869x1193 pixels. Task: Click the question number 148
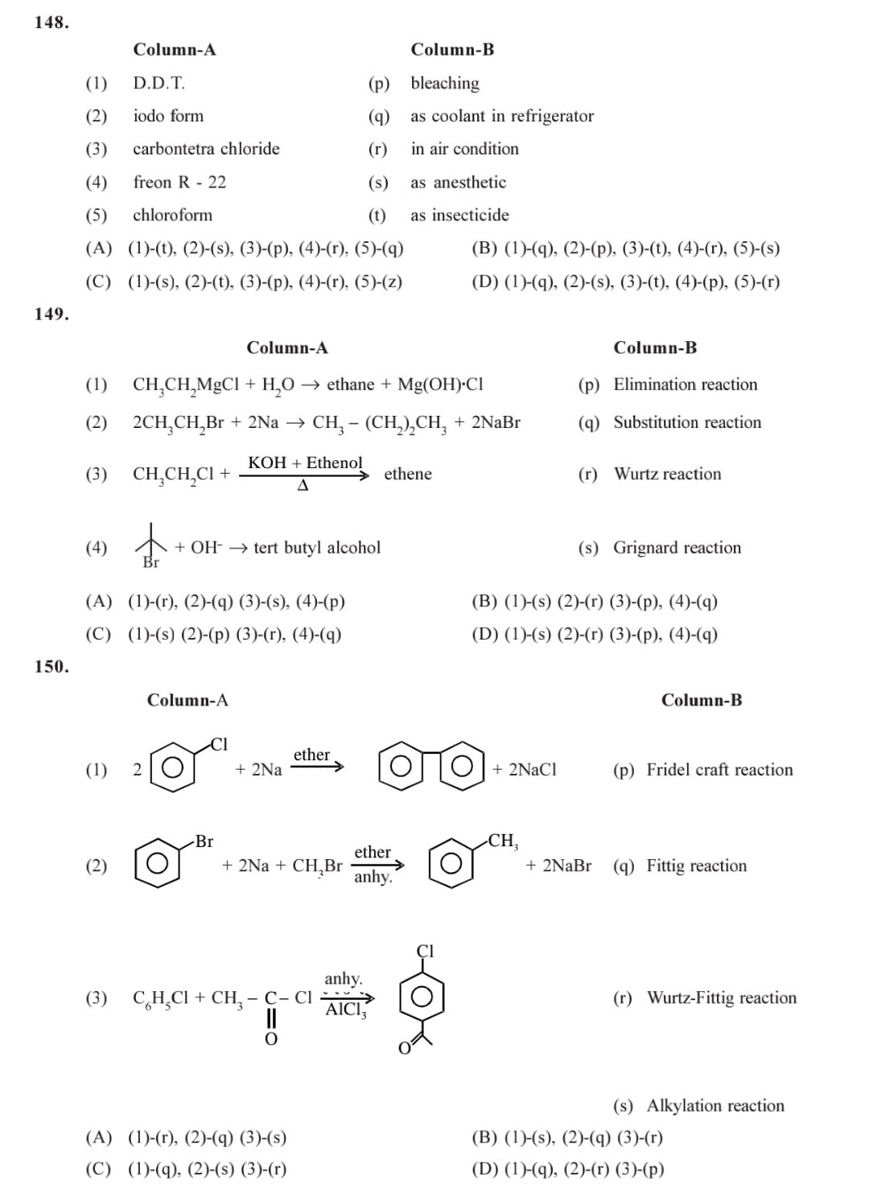point(51,23)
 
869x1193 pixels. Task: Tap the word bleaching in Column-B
point(444,83)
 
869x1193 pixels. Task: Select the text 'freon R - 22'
point(179,183)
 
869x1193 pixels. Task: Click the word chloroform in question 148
point(172,216)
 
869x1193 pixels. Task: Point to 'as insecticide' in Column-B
point(459,216)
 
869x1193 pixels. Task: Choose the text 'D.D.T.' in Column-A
point(159,83)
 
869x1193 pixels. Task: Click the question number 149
point(51,315)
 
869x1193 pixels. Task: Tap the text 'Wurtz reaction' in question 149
point(667,474)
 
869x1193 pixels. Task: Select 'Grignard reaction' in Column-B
point(677,548)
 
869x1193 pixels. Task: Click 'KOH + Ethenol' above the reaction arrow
point(305,463)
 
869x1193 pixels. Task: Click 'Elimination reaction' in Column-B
point(685,385)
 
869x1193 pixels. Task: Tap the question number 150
point(51,667)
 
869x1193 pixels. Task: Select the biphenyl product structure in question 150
point(430,768)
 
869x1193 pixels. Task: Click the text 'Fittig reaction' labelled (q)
point(696,866)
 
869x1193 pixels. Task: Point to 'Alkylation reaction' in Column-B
point(715,1106)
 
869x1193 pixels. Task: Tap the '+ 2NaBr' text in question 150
point(558,866)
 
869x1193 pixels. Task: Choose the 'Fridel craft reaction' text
point(719,770)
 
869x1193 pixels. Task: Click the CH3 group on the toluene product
point(504,841)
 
